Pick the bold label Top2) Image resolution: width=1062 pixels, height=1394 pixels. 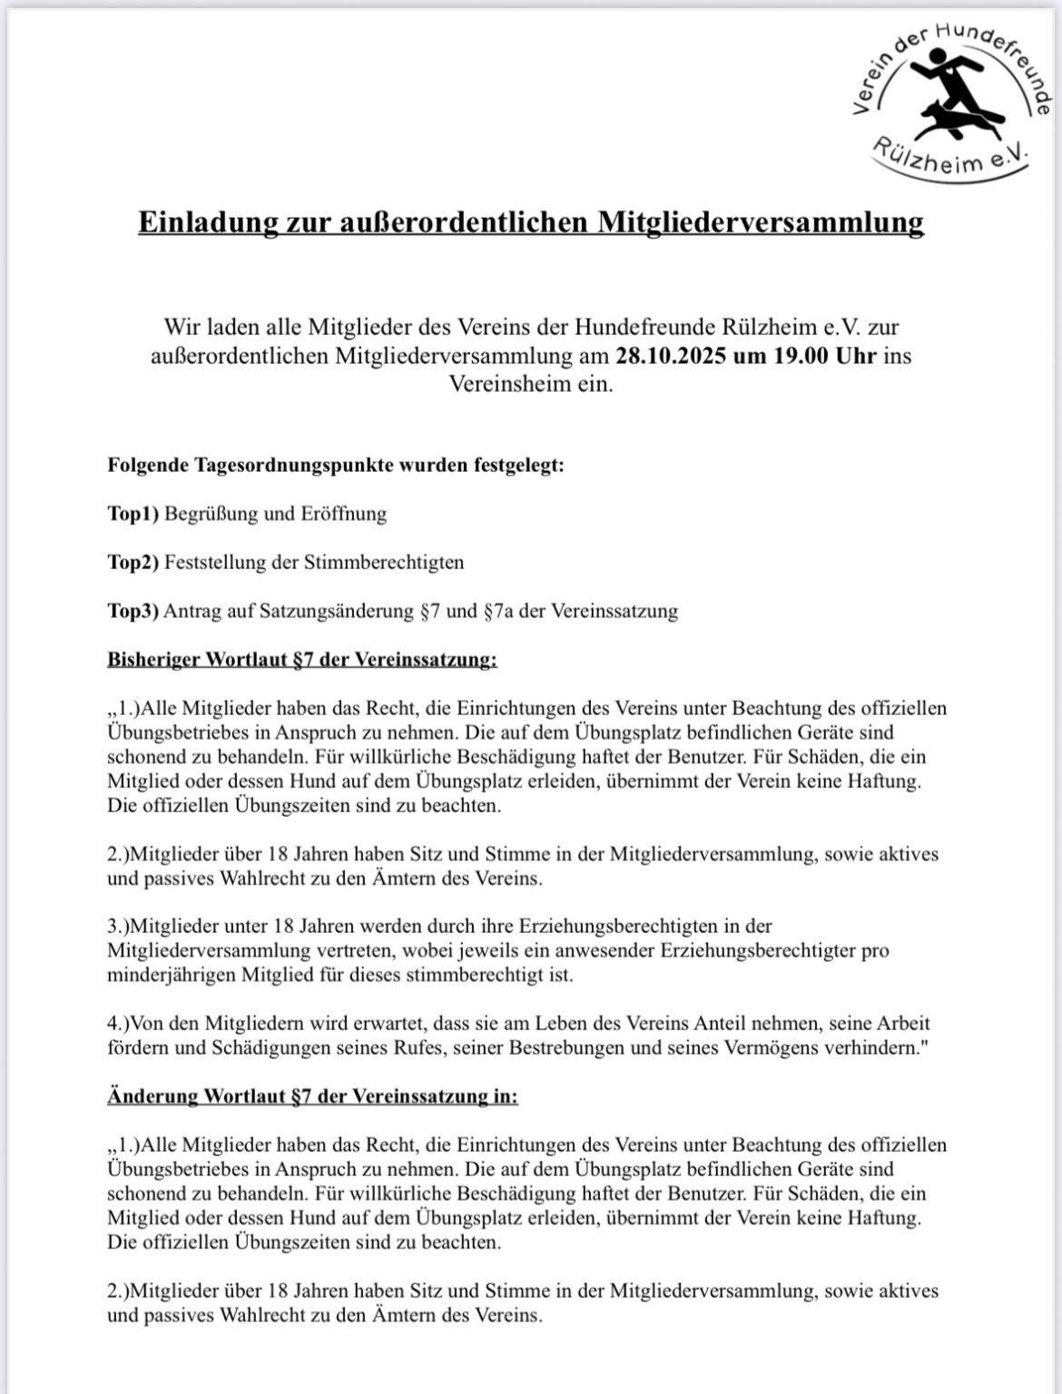(133, 562)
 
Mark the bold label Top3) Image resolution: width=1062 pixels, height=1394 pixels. (133, 610)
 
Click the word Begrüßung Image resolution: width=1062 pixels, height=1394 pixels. (211, 514)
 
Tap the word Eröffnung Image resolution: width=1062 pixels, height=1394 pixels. (340, 514)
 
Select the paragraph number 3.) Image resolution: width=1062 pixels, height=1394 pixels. (120, 927)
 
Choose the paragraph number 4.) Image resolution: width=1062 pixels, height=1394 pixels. (120, 1024)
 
